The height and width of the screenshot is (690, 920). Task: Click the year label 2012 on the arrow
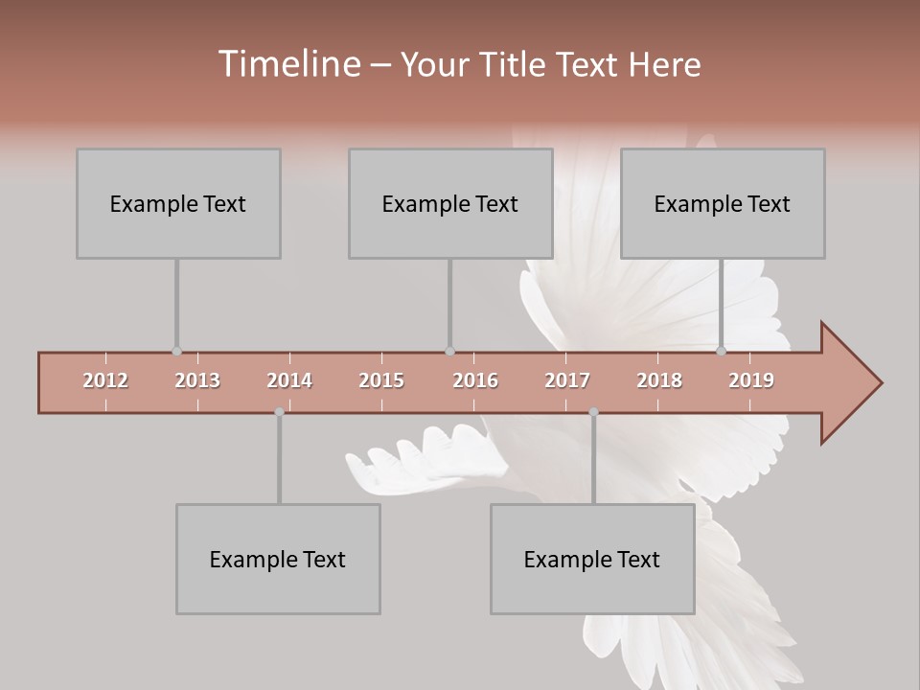click(x=105, y=380)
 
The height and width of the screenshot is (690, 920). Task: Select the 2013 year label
click(x=197, y=380)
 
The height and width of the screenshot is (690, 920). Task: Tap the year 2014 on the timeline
click(x=289, y=380)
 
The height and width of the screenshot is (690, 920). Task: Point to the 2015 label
click(x=381, y=380)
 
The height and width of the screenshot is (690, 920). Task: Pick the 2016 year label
click(x=475, y=380)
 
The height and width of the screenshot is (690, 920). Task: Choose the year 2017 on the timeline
click(x=567, y=380)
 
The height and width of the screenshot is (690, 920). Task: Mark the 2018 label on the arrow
click(x=659, y=380)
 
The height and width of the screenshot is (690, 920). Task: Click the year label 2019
click(x=751, y=380)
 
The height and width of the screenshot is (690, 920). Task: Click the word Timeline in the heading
click(x=287, y=64)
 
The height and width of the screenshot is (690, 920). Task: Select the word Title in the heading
click(x=516, y=64)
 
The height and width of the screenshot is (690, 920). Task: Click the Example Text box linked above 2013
click(x=178, y=203)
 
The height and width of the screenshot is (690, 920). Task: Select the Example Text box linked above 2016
click(x=450, y=203)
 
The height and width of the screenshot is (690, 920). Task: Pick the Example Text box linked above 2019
click(x=723, y=203)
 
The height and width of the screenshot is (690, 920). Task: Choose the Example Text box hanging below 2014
click(x=278, y=559)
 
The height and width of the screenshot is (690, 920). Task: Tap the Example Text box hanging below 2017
click(x=592, y=559)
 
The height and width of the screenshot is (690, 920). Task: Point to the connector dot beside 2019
click(x=722, y=352)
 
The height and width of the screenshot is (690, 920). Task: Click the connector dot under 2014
click(x=279, y=412)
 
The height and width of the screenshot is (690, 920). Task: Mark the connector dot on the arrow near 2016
click(x=449, y=352)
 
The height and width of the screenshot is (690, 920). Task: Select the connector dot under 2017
click(x=593, y=412)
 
